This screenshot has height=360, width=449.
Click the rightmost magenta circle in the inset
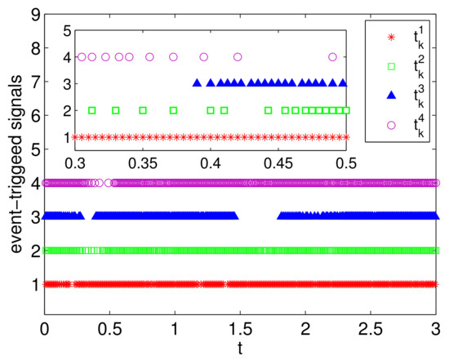(332, 57)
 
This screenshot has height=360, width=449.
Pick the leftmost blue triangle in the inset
(196, 83)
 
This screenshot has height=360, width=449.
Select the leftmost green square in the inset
(91, 110)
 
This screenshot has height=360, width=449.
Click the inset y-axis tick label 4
(64, 57)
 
